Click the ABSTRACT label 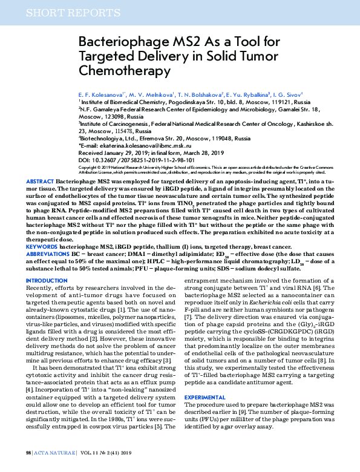point(41,182)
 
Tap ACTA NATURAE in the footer point(54,452)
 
